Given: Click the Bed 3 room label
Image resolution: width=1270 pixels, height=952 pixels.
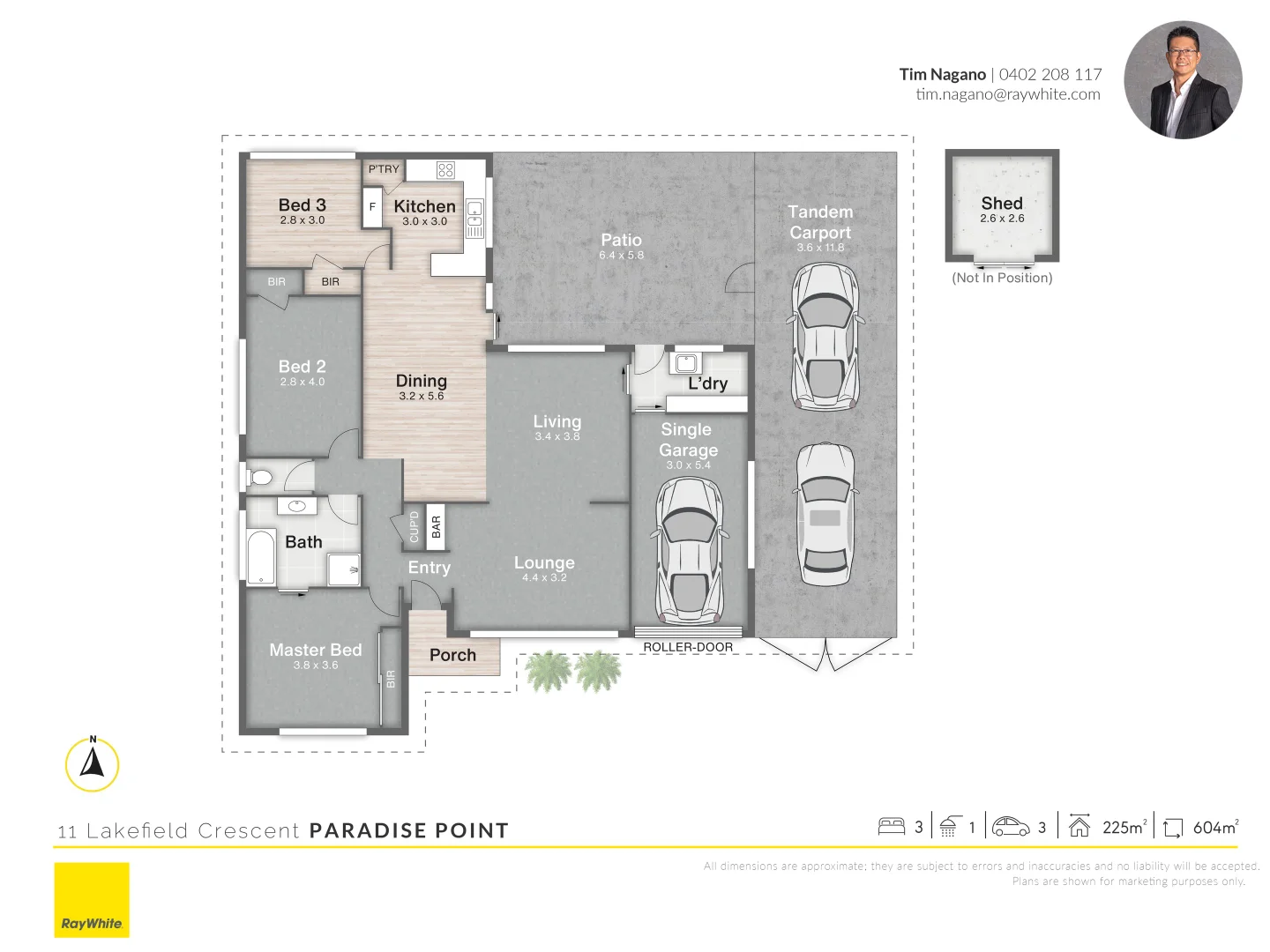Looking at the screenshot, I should coord(302,205).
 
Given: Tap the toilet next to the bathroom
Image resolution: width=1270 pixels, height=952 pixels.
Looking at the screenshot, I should coord(260,478).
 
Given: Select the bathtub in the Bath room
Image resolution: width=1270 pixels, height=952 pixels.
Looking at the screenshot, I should coord(260,557).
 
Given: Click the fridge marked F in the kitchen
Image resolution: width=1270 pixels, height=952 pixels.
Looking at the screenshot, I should coord(372,207).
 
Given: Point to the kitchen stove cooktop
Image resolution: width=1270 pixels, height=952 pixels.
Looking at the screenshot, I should coord(445,170).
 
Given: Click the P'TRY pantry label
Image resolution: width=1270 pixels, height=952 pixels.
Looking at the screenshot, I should coord(384,169).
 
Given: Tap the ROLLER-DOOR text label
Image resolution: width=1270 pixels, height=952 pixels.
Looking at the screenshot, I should coord(688,647).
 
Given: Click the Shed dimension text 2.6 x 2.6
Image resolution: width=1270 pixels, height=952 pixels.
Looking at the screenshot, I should coord(1002,219).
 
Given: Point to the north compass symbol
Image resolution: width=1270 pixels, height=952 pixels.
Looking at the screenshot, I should coord(93,763).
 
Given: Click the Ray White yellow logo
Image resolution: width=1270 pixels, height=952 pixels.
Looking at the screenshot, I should coord(92,899).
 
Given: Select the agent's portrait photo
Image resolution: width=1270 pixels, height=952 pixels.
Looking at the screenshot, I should coord(1183,80).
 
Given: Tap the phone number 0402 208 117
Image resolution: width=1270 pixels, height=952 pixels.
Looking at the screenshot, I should coord(1050,75).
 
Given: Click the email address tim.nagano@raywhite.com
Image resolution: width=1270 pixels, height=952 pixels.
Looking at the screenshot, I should coord(1007,94).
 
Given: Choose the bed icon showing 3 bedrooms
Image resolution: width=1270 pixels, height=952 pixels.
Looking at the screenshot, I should coord(892,826).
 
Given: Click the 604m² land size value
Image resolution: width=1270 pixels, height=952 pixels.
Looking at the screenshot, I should coord(1215,827).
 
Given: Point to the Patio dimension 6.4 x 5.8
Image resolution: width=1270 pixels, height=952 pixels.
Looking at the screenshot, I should coord(621,256).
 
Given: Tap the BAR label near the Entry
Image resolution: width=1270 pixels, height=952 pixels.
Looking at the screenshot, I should coord(436,527).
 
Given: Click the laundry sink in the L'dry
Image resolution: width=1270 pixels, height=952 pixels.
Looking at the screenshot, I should coord(686,363).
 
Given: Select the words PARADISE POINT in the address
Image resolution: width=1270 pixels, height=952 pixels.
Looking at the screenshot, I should coord(409,830).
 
